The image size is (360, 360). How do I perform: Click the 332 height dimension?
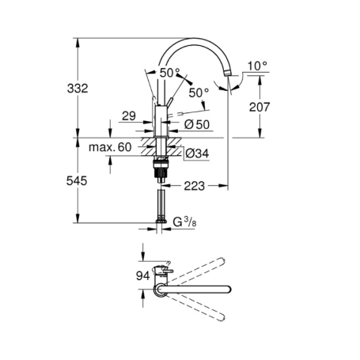[78, 89]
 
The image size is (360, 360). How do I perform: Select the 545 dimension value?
[77, 181]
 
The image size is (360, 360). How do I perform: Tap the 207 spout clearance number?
[260, 107]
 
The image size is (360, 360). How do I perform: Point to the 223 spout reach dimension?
[195, 186]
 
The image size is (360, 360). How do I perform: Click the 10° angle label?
[257, 66]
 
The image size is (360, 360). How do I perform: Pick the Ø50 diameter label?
[197, 124]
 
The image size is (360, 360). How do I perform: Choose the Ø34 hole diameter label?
[197, 153]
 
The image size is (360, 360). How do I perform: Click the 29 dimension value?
[129, 116]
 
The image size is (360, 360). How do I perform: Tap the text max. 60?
[110, 147]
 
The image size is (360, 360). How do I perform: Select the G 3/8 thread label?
[184, 222]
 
